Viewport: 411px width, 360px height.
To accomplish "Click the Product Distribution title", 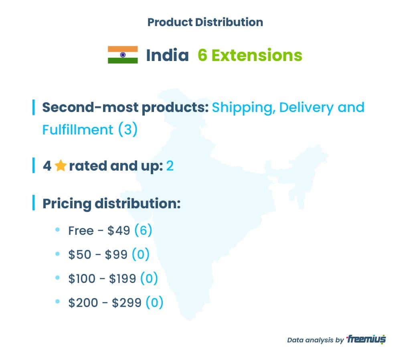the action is pos(205,22).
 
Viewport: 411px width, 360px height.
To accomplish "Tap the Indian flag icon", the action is pos(123,55).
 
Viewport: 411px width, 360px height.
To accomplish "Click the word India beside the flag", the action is pos(167,55).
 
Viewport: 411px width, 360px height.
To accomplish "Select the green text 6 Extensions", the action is pos(250,55).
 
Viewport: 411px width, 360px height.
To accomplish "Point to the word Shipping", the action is pos(243,108).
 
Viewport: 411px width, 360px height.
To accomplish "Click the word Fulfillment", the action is pos(77,130).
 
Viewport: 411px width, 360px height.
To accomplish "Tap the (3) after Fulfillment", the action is pos(128,129).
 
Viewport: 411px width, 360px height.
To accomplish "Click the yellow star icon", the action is pos(61,166).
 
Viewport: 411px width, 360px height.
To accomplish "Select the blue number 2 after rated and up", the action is pos(170,166).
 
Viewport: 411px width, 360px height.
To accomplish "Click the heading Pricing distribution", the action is pos(111,204).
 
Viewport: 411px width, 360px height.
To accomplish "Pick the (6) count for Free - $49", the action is pos(143,230).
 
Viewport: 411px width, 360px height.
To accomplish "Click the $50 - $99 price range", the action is pos(98,254).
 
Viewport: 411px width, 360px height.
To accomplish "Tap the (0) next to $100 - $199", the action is pos(149,279).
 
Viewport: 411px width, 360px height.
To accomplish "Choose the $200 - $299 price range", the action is pos(105,303).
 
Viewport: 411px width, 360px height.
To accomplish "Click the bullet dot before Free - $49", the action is pos(58,230).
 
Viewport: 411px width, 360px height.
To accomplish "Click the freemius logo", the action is pos(366,339).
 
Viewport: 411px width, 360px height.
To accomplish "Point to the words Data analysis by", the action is pos(315,340).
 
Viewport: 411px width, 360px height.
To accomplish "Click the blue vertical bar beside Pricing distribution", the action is pos(34,203).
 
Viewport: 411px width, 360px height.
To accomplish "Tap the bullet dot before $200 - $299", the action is pos(58,301).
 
